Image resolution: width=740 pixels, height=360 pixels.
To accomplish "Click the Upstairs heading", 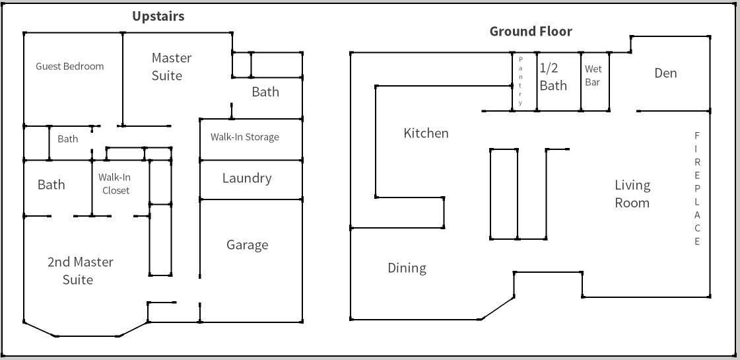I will (158, 17).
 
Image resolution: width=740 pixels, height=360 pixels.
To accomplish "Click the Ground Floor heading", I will (531, 31).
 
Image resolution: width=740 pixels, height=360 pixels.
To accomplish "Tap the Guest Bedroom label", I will (69, 66).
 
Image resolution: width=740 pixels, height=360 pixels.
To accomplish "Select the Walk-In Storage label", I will (244, 137).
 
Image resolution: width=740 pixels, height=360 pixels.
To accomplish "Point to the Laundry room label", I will (247, 178).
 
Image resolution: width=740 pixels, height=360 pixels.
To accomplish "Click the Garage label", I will (248, 245).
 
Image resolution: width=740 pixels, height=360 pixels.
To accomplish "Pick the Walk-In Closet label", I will (114, 184).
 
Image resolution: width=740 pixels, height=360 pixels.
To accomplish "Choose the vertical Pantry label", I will (520, 81).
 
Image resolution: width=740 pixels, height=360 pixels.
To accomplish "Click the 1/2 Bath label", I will (553, 77).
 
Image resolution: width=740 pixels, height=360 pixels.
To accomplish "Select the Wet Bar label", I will (593, 75).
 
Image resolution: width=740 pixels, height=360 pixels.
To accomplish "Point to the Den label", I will (665, 73).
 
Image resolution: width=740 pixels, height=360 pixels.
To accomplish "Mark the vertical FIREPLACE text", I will (696, 188).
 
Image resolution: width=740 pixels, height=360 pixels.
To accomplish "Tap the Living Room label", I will (632, 194).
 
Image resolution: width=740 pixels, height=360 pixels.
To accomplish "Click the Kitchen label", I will (426, 133).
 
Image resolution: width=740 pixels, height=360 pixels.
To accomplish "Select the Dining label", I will (407, 268).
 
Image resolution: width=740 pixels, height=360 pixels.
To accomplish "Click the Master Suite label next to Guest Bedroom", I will (171, 67).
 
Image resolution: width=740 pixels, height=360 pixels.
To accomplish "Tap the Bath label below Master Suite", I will (265, 92).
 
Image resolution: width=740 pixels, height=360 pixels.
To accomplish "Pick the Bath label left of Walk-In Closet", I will (51, 184).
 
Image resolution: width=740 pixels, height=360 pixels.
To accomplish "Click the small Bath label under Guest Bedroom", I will (67, 139).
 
